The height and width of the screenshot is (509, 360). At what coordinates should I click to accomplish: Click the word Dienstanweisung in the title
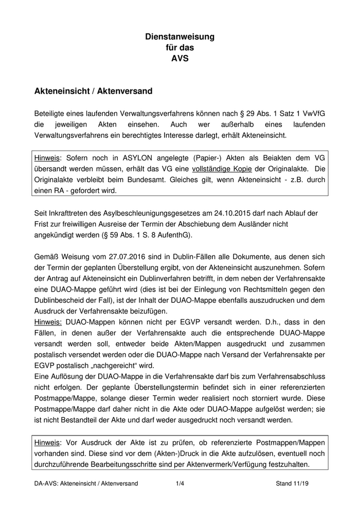(x=179, y=37)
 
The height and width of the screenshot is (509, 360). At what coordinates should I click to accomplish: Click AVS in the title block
(x=179, y=58)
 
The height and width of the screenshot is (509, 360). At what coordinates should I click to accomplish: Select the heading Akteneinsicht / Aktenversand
(x=93, y=91)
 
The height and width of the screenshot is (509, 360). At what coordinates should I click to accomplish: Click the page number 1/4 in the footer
(x=179, y=484)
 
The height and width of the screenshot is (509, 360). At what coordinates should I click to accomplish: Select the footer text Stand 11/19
(x=295, y=484)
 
